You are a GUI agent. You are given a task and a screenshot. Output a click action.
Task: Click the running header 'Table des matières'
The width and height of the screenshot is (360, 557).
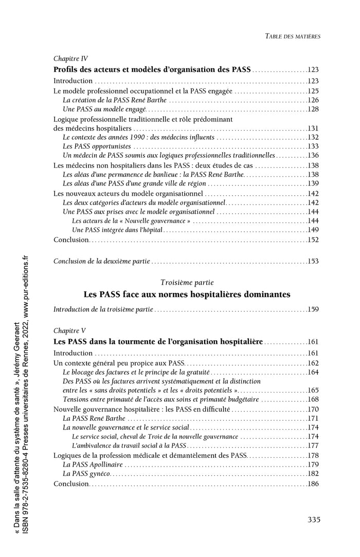(292, 36)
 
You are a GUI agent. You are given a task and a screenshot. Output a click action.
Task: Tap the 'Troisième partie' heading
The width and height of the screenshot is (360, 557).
(187, 283)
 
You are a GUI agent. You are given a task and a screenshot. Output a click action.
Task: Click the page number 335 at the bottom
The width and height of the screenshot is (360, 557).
(314, 519)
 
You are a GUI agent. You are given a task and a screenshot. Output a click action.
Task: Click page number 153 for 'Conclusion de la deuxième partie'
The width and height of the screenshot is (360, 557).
(313, 261)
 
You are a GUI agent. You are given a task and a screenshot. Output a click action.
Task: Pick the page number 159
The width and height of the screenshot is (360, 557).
(313, 309)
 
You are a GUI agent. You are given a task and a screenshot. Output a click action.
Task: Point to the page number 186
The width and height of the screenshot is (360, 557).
(313, 484)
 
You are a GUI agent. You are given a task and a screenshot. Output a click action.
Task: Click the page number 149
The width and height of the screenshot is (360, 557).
(313, 230)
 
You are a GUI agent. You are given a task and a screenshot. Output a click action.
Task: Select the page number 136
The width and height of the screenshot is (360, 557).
(313, 155)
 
